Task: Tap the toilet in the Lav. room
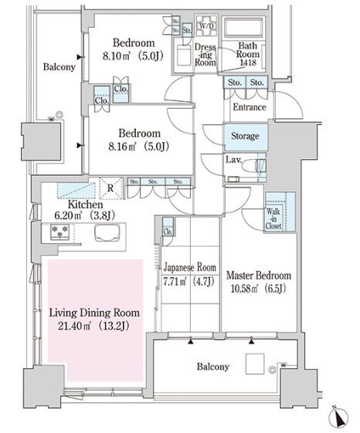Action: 251,167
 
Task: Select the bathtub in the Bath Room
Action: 243,28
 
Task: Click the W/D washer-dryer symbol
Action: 206,26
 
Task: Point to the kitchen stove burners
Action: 59,232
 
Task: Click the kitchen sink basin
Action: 107,233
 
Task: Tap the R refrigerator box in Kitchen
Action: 110,188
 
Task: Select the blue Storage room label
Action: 245,136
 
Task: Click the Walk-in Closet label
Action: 273,219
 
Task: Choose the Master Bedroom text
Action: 259,276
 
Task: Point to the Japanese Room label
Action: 190,267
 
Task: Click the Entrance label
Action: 250,107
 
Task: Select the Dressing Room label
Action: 205,54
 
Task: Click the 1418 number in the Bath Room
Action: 248,63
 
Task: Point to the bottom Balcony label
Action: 213,367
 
